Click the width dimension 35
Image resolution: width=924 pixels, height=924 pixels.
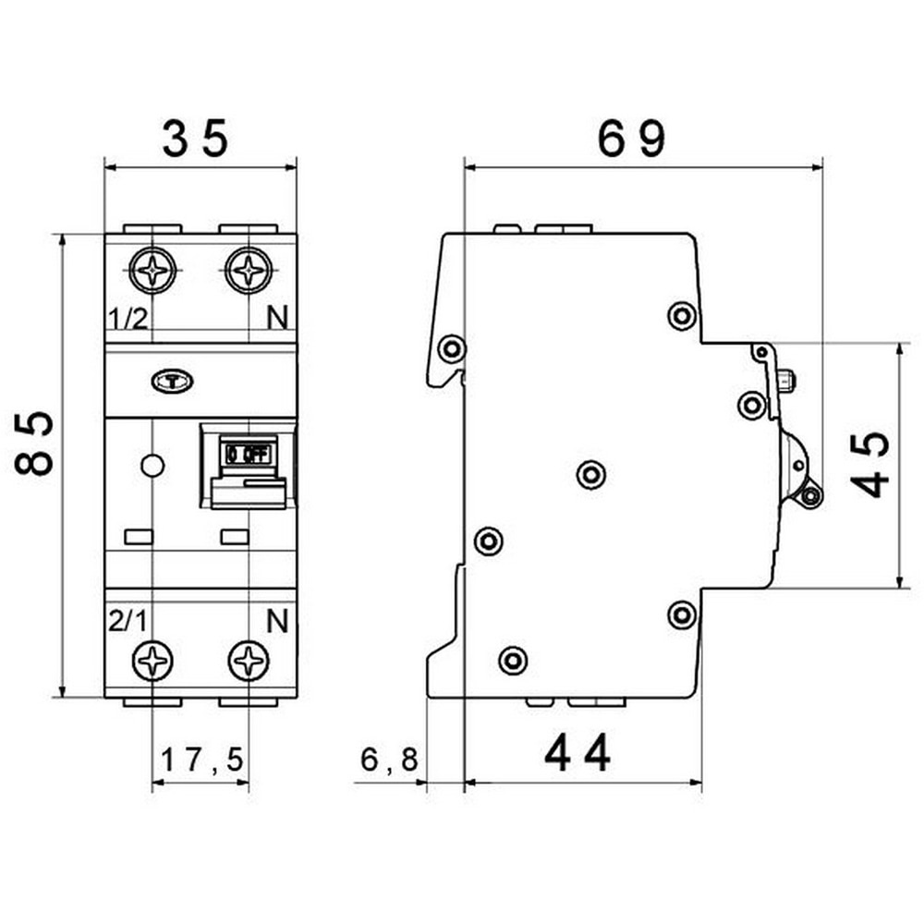coord(195,140)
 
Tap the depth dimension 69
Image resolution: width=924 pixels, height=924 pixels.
coord(631,140)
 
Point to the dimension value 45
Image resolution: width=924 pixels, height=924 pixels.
coord(870,464)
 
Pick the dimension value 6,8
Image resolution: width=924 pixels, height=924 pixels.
coord(389,760)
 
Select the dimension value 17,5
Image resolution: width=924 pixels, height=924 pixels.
coord(201,760)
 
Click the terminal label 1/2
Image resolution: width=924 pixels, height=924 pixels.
coord(128,320)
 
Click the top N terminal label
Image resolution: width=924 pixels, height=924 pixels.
coord(276,320)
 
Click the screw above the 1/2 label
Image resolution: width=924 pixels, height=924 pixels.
coord(152,271)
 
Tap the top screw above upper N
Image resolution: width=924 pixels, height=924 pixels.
coord(249,271)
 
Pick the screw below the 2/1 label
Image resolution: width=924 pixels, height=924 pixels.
coord(152,661)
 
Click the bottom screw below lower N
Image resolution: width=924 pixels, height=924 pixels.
coord(249,661)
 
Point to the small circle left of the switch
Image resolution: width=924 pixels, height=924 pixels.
coord(152,466)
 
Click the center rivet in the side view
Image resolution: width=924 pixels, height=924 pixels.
coord(590,474)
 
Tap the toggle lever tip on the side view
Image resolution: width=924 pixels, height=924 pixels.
coord(810,496)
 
